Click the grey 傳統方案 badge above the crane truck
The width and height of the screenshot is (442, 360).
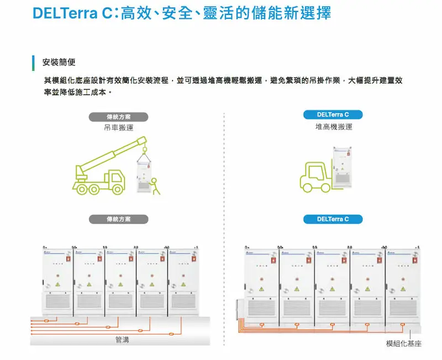point(119,117)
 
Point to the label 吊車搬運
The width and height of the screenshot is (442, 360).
point(119,128)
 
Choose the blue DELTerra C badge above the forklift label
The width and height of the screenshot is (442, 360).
point(333,115)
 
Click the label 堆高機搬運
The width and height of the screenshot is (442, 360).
point(333,127)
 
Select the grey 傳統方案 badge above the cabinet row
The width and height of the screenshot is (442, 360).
point(119,219)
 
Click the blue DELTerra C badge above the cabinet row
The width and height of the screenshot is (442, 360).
point(333,219)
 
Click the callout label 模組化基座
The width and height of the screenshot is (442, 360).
point(403,343)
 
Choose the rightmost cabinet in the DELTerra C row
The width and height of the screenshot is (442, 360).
point(402,284)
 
